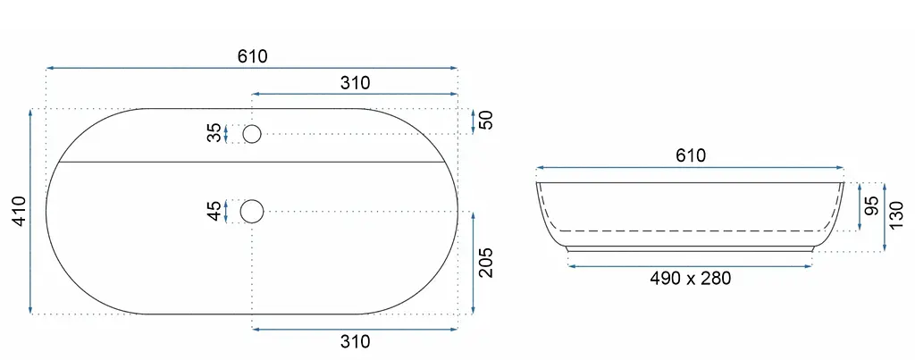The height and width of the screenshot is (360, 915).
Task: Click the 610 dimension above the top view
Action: pyautogui.click(x=252, y=56)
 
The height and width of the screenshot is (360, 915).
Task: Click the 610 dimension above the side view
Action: pyautogui.click(x=691, y=155)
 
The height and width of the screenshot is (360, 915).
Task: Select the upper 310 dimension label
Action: pyautogui.click(x=356, y=83)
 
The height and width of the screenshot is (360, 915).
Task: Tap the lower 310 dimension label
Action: pyautogui.click(x=356, y=341)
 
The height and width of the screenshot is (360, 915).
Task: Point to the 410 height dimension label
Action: pyautogui.click(x=20, y=211)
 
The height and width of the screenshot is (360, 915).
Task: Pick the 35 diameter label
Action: pyautogui.click(x=215, y=133)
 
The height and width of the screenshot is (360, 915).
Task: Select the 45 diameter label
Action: pyautogui.click(x=215, y=211)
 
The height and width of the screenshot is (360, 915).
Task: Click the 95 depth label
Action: pyautogui.click(x=872, y=206)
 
